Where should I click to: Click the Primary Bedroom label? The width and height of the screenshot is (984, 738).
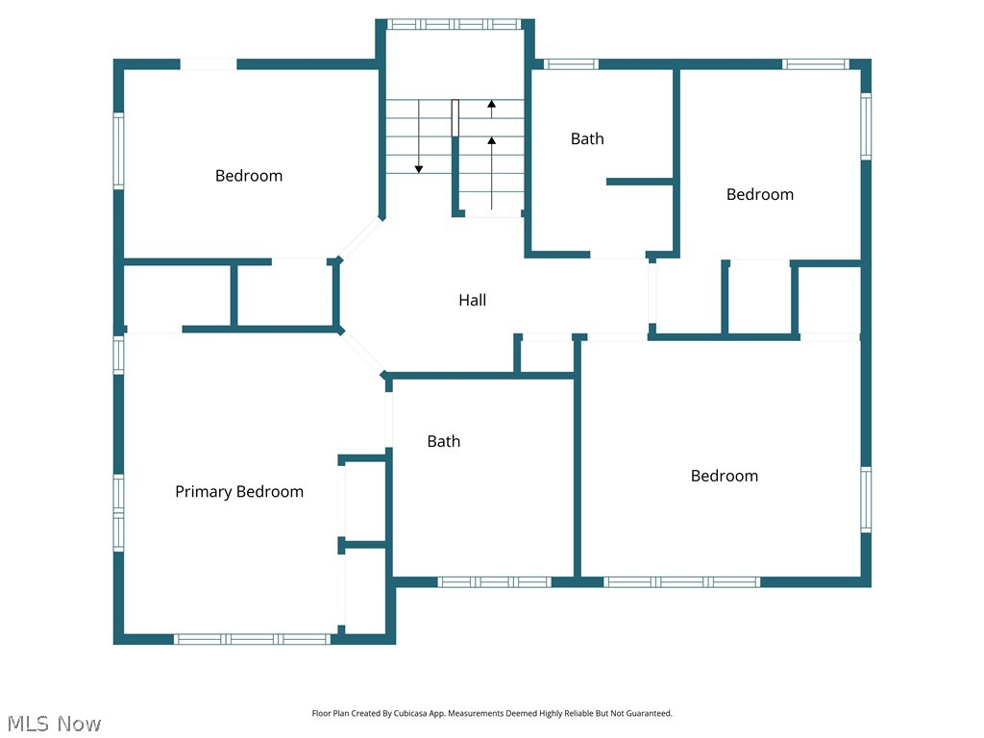coord(238,491)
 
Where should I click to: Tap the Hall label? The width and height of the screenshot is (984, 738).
coord(472,300)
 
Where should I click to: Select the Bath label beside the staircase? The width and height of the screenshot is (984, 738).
coord(587,138)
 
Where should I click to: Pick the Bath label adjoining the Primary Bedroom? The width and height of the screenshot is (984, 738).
coord(443,441)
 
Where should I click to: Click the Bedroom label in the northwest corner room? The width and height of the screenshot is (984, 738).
coord(249,175)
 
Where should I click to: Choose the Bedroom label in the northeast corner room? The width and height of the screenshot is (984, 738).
coord(759,194)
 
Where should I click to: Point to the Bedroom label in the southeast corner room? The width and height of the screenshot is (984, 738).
coord(724,476)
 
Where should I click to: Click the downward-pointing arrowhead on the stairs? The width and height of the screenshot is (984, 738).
coord(419,169)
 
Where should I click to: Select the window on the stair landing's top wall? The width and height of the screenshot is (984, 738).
coord(455,24)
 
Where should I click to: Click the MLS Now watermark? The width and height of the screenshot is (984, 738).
coord(53,723)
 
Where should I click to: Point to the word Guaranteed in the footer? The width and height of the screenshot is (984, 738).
coord(650,714)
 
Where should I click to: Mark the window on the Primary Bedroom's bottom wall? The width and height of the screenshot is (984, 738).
coord(253,639)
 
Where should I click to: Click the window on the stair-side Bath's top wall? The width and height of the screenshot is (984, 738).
coord(571,64)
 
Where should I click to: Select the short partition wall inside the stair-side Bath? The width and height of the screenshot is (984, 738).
coord(639,181)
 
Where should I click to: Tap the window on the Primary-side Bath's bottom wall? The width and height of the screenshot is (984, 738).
coord(494,581)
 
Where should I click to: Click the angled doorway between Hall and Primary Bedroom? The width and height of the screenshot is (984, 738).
coord(363,352)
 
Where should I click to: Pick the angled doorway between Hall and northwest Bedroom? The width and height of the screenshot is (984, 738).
coord(360,238)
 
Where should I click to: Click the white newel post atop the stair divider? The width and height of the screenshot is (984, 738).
coord(455,117)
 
